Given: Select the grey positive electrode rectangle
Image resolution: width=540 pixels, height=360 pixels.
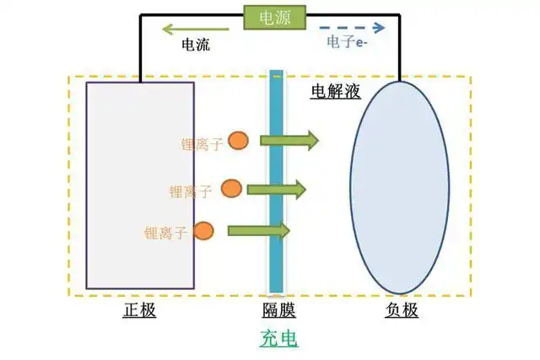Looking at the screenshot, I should [140, 185].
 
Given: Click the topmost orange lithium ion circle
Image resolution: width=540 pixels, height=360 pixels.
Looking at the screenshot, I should [238, 141].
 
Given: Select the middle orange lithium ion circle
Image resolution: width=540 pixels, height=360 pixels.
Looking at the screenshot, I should [231, 188].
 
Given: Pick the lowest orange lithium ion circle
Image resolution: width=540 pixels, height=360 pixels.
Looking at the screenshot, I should [203, 231].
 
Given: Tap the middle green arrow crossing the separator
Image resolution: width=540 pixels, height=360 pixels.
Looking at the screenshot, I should [276, 190].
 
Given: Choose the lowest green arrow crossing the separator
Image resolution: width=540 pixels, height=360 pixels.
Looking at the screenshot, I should [259, 230].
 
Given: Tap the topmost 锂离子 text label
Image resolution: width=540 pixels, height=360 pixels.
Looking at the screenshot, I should [202, 144].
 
